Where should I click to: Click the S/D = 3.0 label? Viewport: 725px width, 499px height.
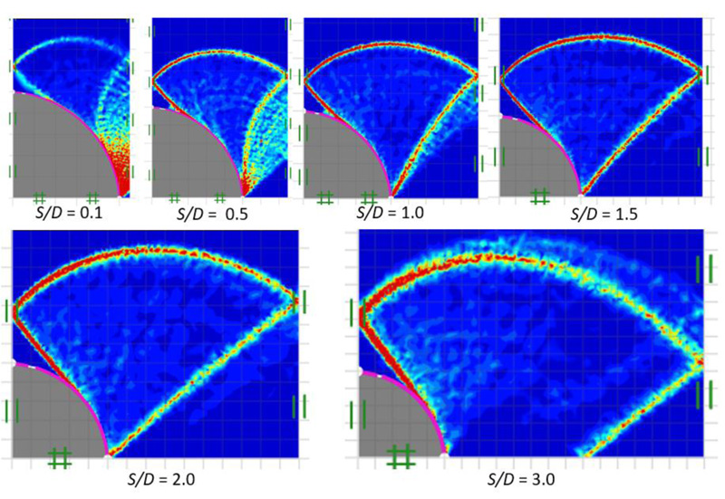coord(519,477)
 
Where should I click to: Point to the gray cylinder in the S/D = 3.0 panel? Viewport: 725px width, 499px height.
coord(390,417)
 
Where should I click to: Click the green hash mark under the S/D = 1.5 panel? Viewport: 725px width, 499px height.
coord(540,196)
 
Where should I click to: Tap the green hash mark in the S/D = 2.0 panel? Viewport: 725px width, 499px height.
coord(60,458)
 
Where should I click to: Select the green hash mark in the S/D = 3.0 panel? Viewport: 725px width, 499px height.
coord(400,457)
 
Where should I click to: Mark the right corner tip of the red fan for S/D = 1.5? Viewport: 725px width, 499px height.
coord(703,71)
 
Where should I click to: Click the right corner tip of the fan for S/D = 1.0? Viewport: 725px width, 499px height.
coord(478,72)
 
